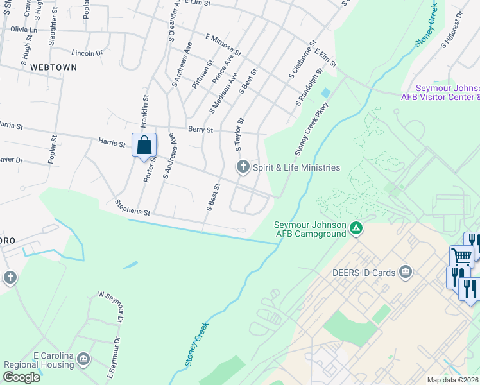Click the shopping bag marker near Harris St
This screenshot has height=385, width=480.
coord(144,144)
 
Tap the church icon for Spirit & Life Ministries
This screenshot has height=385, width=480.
coord(243,167)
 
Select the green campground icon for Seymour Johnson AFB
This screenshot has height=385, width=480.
coord(355,227)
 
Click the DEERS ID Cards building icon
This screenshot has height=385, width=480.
coord(405,272)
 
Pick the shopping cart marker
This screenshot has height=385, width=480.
coord(462,257)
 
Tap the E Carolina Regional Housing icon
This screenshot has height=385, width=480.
coord(83,358)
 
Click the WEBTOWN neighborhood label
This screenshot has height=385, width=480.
coord(53,67)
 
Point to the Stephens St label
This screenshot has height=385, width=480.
coord(132,207)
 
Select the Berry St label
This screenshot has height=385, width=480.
coord(200,129)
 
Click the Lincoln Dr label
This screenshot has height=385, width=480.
coord(88,53)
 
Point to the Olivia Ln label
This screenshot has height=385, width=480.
coord(24,30)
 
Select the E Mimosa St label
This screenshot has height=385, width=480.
coord(223,44)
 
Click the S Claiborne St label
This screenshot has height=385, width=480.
coord(300,62)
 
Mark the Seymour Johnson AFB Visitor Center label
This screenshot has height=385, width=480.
coord(440,92)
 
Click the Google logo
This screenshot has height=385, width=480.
coord(21,377)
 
